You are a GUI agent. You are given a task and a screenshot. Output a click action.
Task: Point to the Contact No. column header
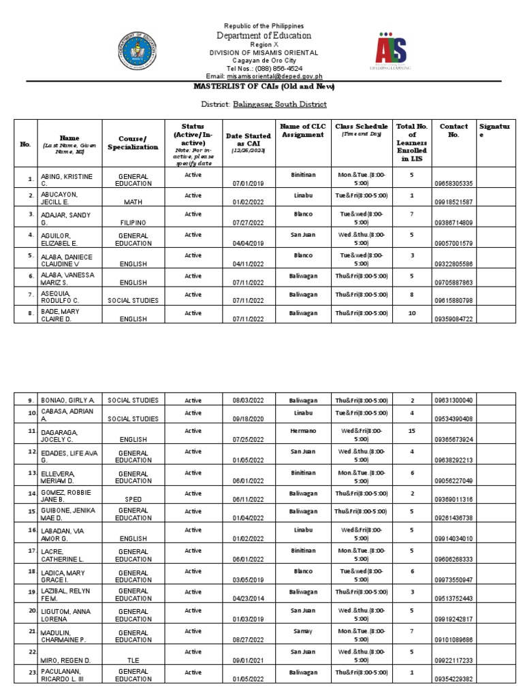[x=454, y=131]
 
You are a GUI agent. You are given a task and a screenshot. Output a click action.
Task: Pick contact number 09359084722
[x=454, y=319]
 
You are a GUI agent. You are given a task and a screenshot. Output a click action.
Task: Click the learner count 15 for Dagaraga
[x=411, y=431]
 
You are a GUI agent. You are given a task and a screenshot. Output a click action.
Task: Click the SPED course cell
[x=133, y=499]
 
